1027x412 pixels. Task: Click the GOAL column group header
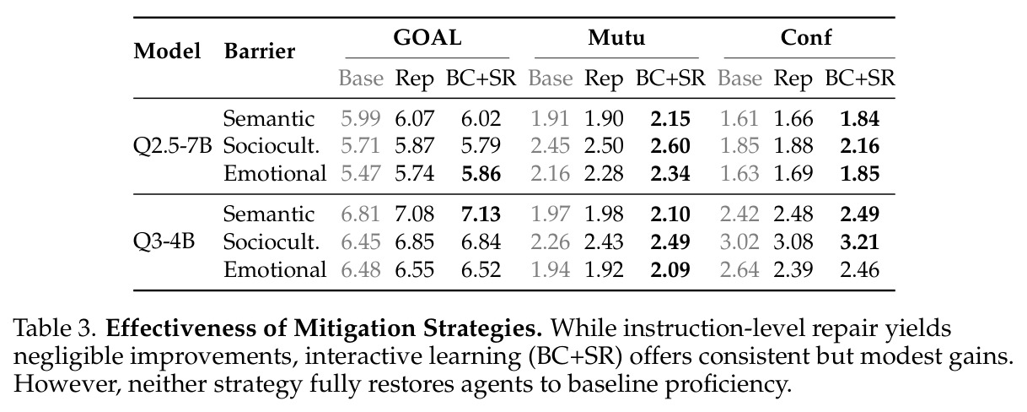(427, 38)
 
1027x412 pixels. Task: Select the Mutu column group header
(616, 38)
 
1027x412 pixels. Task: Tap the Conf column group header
(806, 38)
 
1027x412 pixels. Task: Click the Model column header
(167, 51)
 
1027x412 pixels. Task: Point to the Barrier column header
(260, 51)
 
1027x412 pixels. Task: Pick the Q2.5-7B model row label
(172, 146)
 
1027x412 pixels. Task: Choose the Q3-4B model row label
(164, 241)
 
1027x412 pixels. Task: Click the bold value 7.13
(481, 214)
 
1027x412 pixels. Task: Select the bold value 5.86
(481, 174)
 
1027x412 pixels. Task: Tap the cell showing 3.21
(860, 242)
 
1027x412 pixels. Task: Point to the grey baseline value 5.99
(361, 119)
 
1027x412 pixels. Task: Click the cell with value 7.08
(415, 214)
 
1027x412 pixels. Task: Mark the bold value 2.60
(670, 146)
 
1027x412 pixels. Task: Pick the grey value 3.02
(739, 242)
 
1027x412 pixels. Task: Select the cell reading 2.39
(793, 269)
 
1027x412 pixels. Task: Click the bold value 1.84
(860, 119)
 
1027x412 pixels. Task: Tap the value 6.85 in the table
(415, 242)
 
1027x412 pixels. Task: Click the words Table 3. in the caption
(55, 328)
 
